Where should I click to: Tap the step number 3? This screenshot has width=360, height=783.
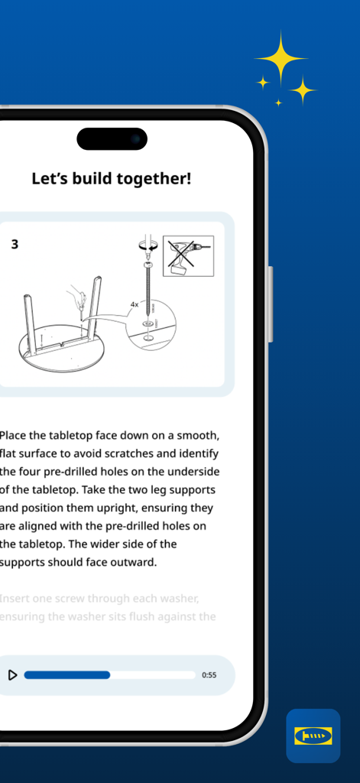[x=15, y=245]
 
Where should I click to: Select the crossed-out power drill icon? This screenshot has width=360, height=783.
[x=188, y=255]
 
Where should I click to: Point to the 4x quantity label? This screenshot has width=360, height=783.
[x=134, y=304]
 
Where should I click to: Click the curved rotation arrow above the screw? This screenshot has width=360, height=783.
[x=147, y=245]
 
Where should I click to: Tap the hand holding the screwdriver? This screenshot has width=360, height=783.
[x=76, y=295]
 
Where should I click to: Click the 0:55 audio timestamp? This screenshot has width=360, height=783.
[x=209, y=675]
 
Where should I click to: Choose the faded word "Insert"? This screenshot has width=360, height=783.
[x=15, y=598]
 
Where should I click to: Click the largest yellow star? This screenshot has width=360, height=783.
[x=281, y=57]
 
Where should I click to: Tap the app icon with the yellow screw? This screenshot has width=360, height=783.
[x=313, y=736]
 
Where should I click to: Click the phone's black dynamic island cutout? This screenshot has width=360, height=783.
[x=112, y=139]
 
